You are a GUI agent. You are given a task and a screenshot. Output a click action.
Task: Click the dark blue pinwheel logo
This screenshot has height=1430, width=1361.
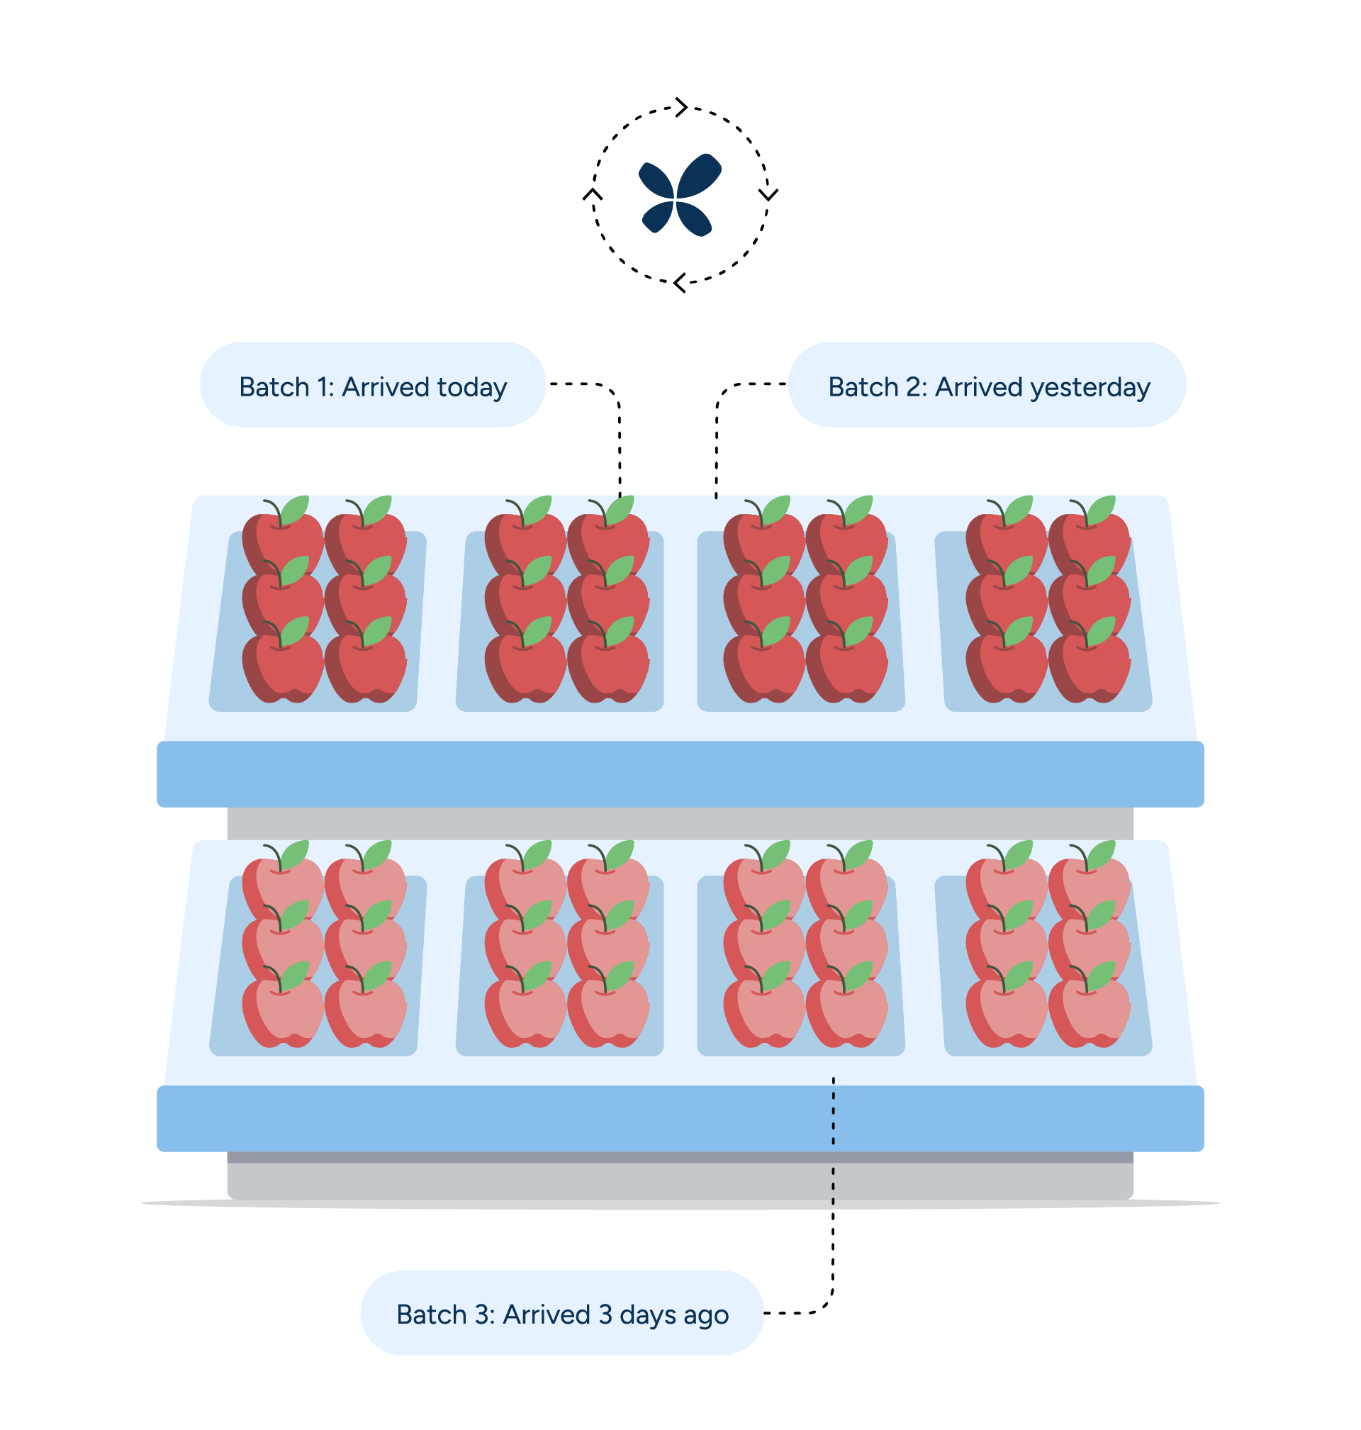(x=679, y=194)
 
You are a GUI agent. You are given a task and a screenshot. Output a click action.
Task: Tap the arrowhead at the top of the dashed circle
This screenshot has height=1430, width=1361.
(x=681, y=106)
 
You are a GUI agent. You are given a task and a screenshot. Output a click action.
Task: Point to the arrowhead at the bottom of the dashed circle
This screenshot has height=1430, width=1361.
(x=680, y=283)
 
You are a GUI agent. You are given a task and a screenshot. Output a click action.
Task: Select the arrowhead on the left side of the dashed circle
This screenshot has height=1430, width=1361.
(x=593, y=194)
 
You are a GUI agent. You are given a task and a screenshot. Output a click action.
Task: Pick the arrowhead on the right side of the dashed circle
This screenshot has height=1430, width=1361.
(x=768, y=194)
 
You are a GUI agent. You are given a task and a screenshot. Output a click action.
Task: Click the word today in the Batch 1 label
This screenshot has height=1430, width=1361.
(x=471, y=387)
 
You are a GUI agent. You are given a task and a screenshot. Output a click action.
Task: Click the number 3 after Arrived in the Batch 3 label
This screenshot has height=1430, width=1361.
(x=605, y=1314)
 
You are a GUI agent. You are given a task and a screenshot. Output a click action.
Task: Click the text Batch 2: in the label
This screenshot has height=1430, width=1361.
(x=878, y=387)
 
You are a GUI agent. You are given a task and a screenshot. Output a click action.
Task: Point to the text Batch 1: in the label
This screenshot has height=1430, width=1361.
(x=286, y=387)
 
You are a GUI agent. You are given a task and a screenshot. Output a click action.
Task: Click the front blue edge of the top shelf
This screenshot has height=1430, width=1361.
(x=680, y=773)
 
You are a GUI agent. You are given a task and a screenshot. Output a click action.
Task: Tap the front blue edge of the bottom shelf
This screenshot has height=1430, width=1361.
(x=680, y=1118)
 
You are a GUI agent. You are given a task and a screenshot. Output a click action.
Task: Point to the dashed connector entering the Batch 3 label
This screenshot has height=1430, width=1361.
(x=798, y=1313)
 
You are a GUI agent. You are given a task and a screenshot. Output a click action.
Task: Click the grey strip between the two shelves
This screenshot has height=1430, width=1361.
(x=680, y=822)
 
